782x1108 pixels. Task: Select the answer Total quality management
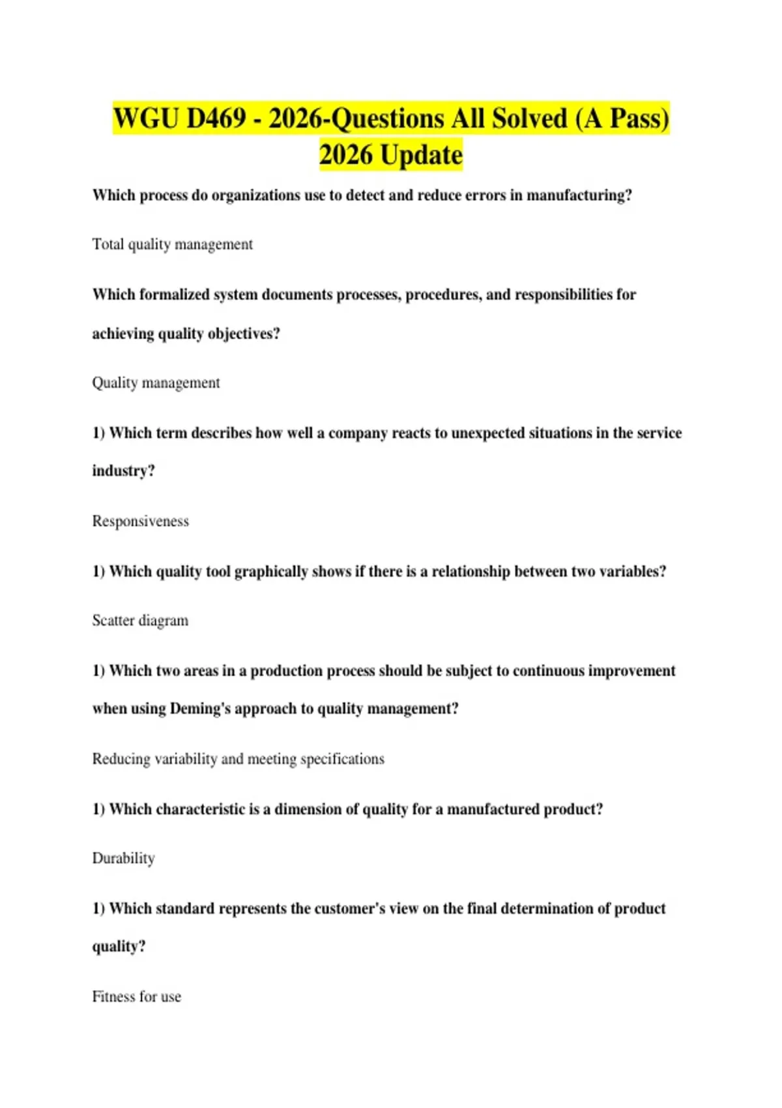(x=172, y=244)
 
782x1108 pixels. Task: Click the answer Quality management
(x=156, y=383)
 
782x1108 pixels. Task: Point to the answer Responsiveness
(x=140, y=521)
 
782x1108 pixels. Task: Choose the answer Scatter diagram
(x=140, y=620)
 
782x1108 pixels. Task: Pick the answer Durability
(x=123, y=858)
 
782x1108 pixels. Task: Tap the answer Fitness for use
(x=136, y=997)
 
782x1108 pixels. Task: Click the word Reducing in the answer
(x=122, y=759)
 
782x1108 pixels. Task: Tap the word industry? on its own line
(x=123, y=471)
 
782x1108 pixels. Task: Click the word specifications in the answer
(x=342, y=759)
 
